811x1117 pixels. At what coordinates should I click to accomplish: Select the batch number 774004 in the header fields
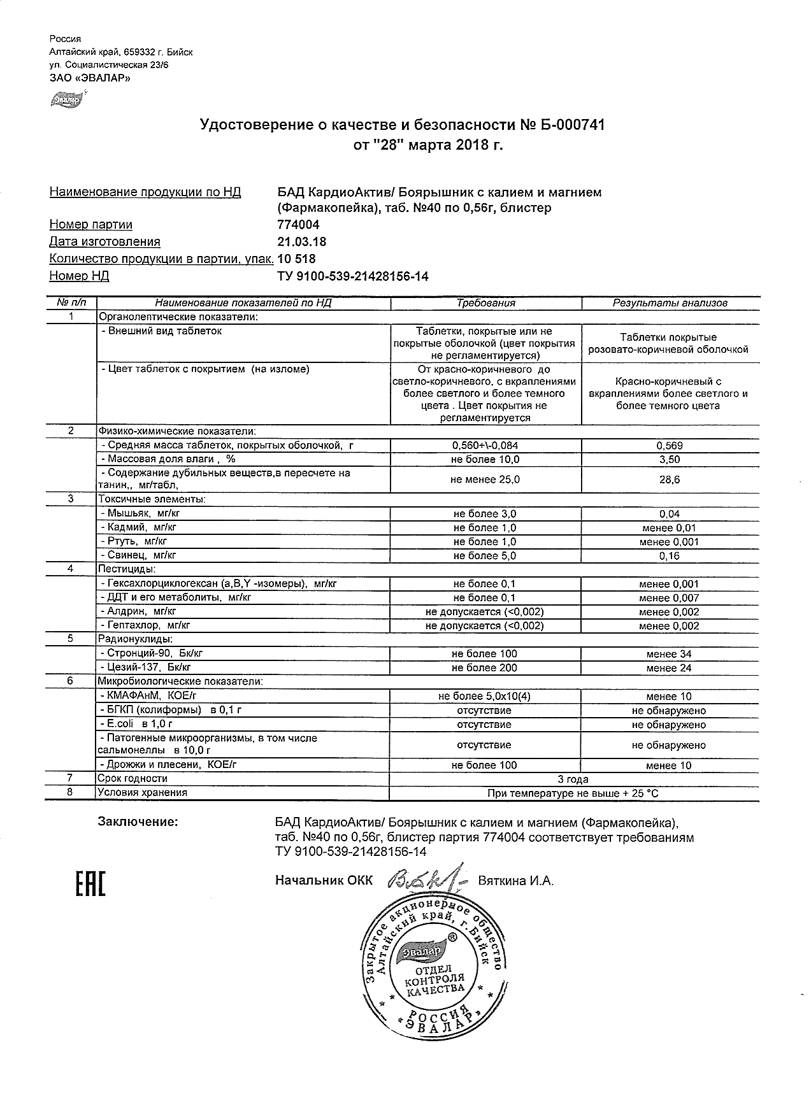(299, 225)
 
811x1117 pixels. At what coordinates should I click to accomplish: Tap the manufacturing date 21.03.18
(302, 242)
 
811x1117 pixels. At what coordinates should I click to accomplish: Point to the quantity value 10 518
(296, 259)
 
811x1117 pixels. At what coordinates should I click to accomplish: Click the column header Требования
(485, 304)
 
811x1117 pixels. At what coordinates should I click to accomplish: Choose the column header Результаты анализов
(670, 304)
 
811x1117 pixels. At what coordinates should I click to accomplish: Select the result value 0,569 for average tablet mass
(669, 446)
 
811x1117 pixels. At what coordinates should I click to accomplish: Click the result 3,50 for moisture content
(669, 460)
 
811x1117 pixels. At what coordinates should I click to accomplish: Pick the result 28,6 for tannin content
(669, 480)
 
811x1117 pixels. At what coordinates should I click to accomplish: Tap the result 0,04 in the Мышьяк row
(669, 514)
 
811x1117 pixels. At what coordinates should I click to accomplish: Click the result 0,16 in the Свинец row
(669, 556)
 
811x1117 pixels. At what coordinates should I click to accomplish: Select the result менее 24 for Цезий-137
(668, 668)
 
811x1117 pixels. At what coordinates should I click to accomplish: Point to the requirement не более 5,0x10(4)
(484, 697)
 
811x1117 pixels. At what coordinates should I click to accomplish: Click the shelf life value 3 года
(573, 779)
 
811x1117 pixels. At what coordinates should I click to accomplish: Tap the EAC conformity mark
(90, 882)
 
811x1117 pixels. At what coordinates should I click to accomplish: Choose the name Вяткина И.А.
(515, 881)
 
